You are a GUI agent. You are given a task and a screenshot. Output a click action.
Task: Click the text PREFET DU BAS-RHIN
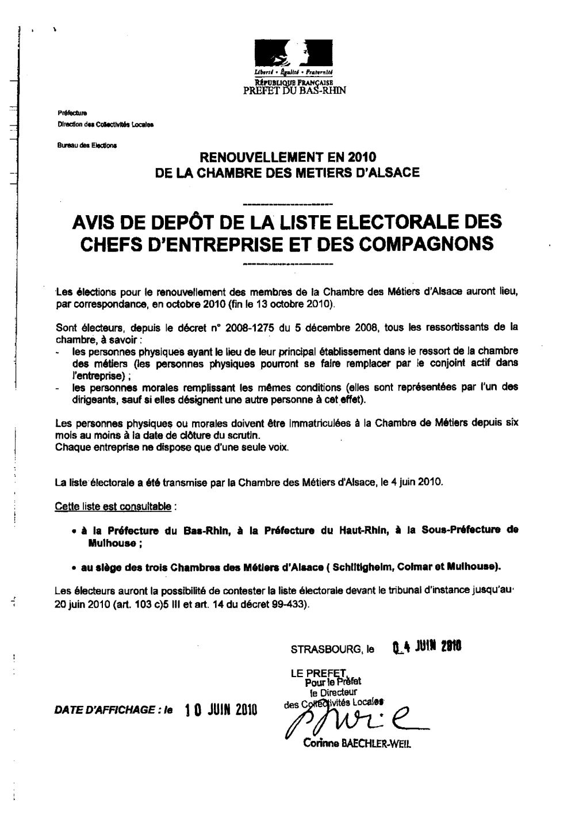tap(295, 90)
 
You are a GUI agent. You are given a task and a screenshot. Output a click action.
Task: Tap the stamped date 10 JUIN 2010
tap(220, 710)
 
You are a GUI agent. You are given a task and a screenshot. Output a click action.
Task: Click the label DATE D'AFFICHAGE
tap(107, 710)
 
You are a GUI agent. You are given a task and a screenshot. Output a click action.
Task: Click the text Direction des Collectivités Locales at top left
tap(105, 124)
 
